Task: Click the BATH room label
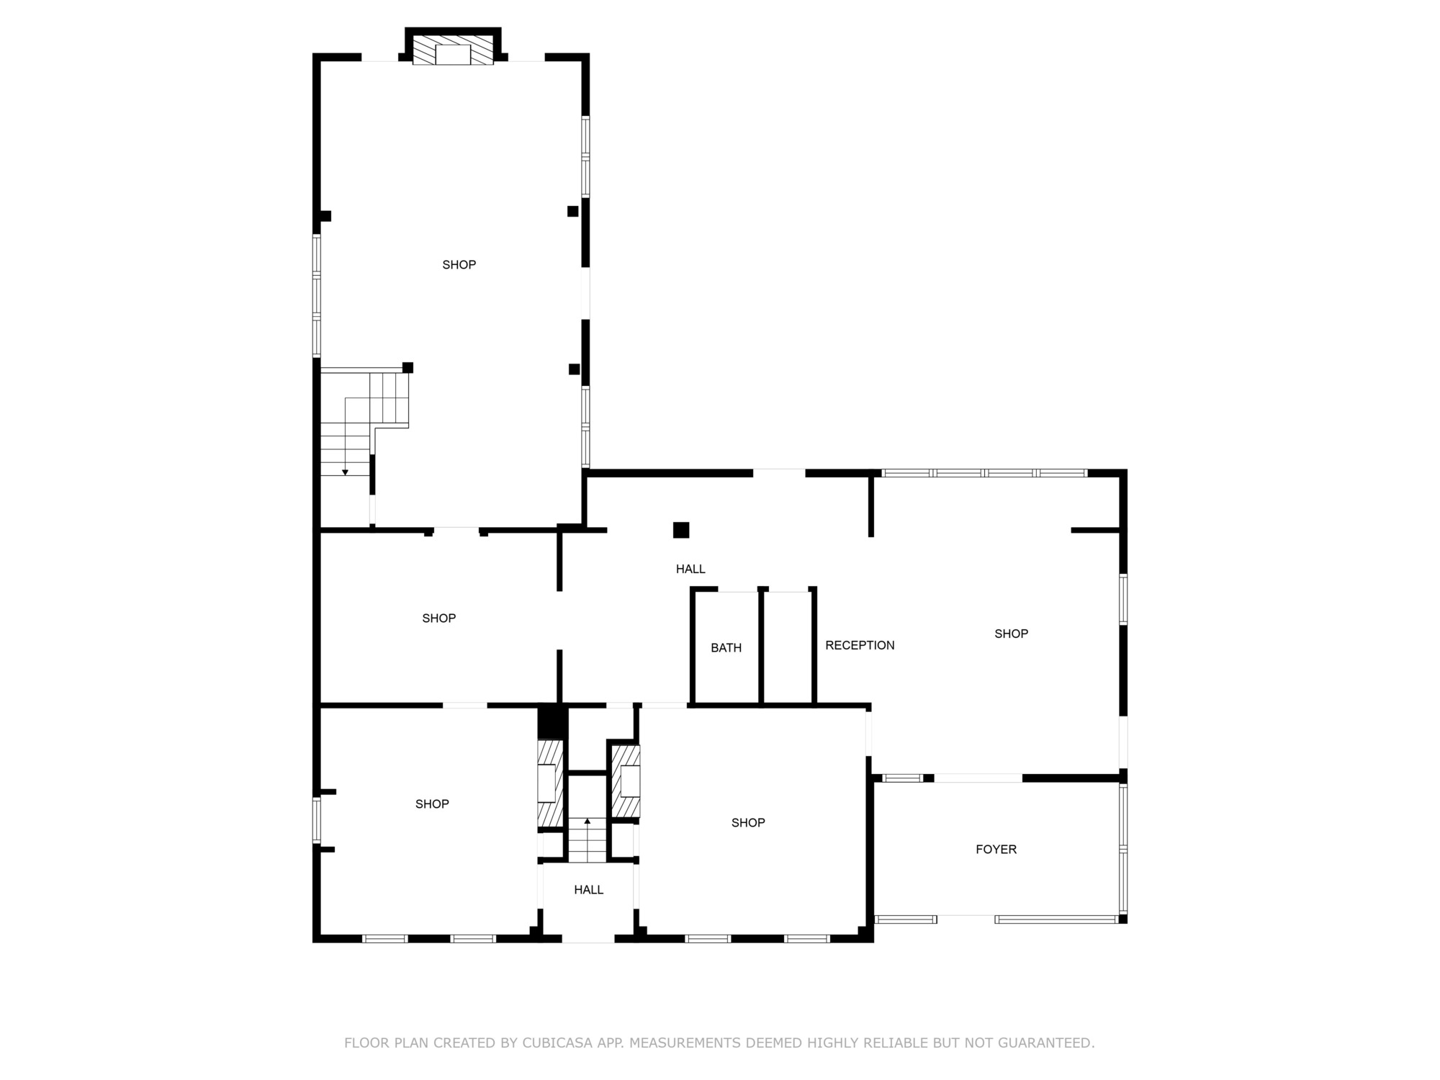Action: (726, 648)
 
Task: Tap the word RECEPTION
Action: (860, 645)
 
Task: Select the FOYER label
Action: (996, 850)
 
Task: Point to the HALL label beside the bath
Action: (690, 569)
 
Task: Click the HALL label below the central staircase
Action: (588, 890)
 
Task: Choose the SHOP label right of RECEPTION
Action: (1011, 634)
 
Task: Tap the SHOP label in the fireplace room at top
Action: (459, 265)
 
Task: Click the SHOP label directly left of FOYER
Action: (748, 823)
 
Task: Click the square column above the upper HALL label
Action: (681, 530)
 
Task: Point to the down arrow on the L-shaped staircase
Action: (345, 472)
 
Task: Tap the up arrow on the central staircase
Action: (587, 821)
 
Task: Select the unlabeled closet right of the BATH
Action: (787, 647)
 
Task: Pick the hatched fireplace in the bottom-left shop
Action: (550, 783)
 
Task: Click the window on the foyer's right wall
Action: (1123, 849)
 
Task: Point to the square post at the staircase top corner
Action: (408, 368)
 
